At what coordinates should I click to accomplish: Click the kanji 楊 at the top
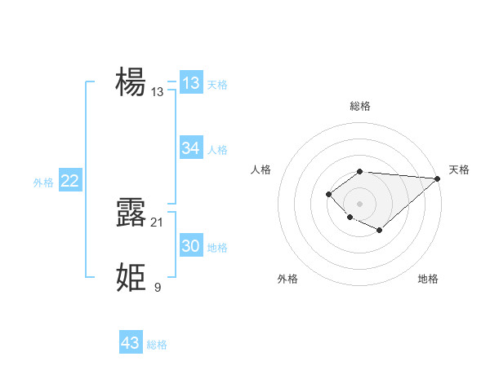pos(131,82)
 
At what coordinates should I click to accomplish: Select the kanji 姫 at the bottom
pos(131,277)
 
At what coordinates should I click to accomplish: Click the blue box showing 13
pos(191,83)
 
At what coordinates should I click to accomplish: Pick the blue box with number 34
pos(191,148)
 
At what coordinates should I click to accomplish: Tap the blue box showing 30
pos(191,246)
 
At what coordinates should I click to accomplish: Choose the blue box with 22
pos(69,181)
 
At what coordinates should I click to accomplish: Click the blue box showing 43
pos(131,343)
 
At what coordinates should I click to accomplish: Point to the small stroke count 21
pos(158,222)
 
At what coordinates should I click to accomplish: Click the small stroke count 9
pos(158,287)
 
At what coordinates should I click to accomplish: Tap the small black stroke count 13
pos(158,92)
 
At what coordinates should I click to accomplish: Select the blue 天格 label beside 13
pos(217,85)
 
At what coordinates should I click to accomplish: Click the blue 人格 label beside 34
pos(217,150)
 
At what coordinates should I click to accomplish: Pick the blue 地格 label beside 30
pos(217,248)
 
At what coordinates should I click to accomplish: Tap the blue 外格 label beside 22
pos(43,183)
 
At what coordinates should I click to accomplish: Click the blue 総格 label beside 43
pos(157,345)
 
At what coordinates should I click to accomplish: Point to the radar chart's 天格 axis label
pos(459,169)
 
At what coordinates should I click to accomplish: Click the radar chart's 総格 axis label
pos(360,107)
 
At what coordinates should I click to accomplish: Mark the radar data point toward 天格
pos(437,178)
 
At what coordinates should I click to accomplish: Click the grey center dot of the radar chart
pos(360,204)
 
